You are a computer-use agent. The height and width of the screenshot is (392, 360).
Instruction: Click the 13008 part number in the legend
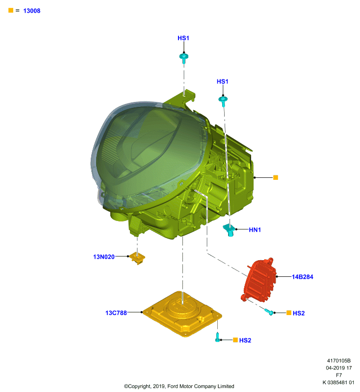[32, 11]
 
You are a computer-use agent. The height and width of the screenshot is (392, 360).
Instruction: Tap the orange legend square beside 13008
[11, 10]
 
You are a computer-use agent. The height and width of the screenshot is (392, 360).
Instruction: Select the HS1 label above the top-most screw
[183, 38]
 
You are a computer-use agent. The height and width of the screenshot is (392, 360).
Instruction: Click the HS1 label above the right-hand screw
[222, 81]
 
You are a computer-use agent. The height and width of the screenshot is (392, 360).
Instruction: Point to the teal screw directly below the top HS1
[184, 58]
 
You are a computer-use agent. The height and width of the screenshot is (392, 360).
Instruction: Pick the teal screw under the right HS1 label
[223, 101]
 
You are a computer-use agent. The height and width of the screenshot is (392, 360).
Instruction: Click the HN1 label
[255, 230]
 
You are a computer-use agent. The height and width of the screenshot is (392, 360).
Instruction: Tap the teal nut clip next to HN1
[229, 230]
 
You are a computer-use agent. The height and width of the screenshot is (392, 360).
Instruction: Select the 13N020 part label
[104, 257]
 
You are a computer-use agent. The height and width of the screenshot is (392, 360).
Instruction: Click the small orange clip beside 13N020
[138, 258]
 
